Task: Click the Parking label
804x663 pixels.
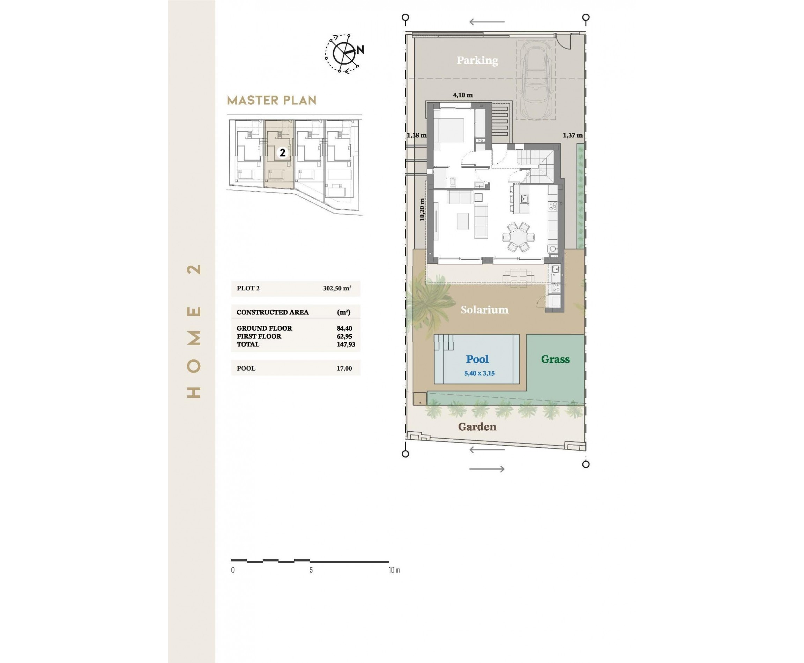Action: (x=477, y=60)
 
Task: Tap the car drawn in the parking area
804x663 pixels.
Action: (x=535, y=80)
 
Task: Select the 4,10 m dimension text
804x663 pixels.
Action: (x=462, y=95)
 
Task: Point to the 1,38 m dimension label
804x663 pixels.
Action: (x=416, y=135)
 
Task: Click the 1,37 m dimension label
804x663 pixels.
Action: (x=573, y=135)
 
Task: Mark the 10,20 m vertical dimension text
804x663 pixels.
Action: (x=422, y=209)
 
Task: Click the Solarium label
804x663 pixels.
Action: (x=484, y=310)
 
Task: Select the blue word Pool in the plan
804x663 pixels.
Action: (x=477, y=359)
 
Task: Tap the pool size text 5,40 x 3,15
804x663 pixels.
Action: (x=479, y=373)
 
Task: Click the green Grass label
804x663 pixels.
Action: (x=555, y=359)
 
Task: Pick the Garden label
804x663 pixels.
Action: (x=477, y=427)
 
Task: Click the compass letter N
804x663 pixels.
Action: (x=360, y=50)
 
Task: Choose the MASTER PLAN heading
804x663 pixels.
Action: (x=271, y=100)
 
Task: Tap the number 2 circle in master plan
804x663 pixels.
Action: (x=282, y=153)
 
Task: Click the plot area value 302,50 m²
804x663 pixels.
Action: (x=337, y=288)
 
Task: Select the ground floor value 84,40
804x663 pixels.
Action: (x=344, y=328)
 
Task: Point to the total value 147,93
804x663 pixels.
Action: (x=346, y=344)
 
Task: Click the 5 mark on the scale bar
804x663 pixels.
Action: (x=311, y=570)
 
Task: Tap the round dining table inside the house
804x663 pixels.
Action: (x=518, y=237)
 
